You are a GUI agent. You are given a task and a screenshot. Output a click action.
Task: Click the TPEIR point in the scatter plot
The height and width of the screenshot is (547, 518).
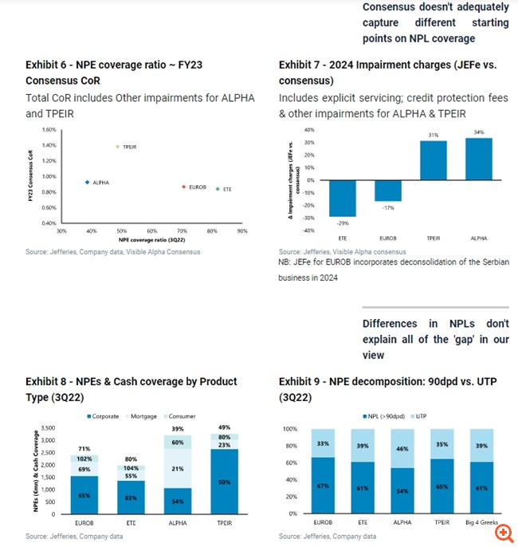(117, 147)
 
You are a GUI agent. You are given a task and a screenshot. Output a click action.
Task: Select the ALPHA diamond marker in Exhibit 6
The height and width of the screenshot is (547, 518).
(87, 183)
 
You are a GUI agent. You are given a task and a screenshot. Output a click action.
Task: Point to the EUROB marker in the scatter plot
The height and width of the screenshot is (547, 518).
(183, 187)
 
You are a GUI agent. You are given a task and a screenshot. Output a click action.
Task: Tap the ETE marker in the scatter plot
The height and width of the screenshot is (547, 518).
(217, 189)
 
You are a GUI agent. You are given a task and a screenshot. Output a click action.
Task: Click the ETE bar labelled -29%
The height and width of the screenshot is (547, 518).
(343, 199)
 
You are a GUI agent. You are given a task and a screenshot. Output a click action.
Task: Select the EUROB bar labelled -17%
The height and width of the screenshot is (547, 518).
(389, 191)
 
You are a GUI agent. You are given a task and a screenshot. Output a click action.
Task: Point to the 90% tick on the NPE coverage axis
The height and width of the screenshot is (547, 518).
(242, 231)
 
